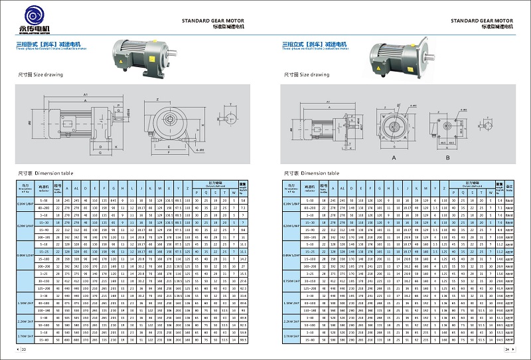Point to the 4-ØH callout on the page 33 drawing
(x=182, y=150)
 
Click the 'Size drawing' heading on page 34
(x=305, y=76)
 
